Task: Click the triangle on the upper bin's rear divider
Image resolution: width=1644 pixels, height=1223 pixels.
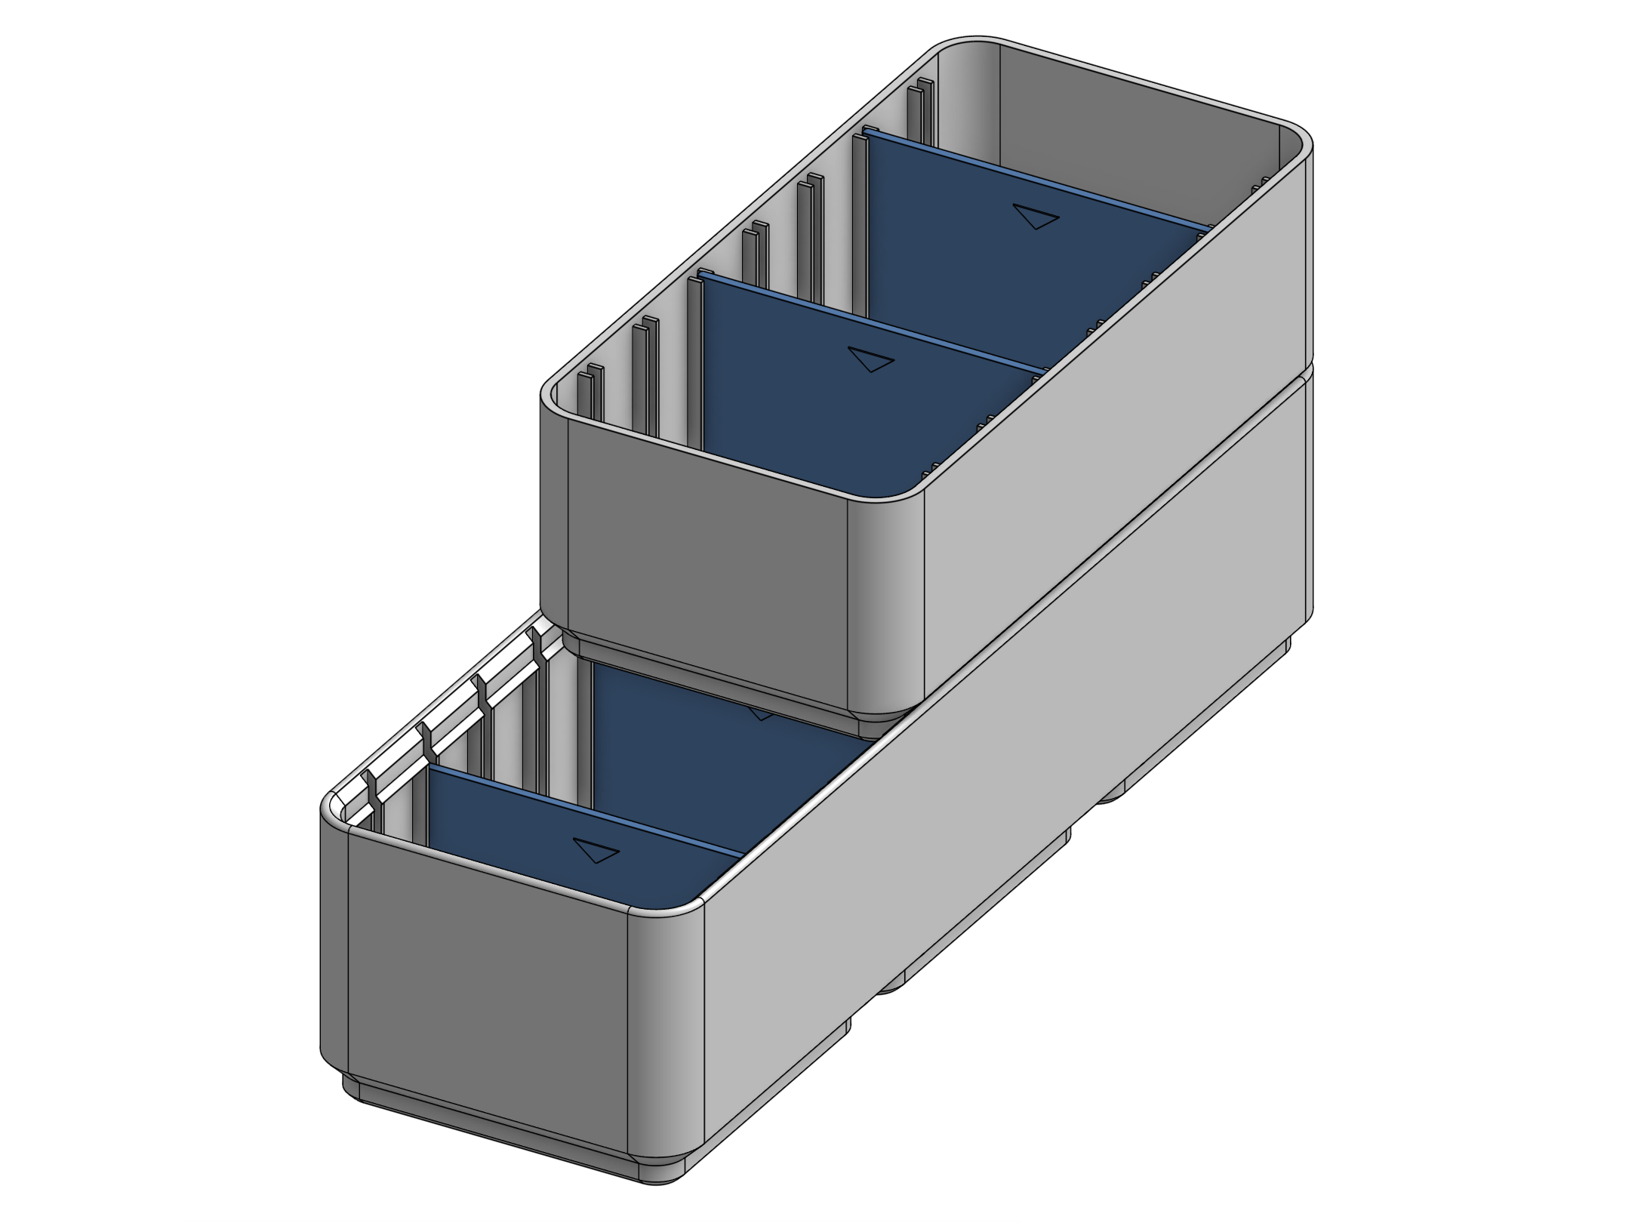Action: click(x=1036, y=216)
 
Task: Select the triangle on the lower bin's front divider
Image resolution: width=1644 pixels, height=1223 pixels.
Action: click(x=596, y=850)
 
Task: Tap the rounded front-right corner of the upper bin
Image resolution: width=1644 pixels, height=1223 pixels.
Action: click(x=887, y=604)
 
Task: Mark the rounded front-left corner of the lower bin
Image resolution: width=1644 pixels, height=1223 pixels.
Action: click(x=334, y=944)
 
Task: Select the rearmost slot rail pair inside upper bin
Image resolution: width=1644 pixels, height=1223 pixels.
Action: click(x=920, y=113)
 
